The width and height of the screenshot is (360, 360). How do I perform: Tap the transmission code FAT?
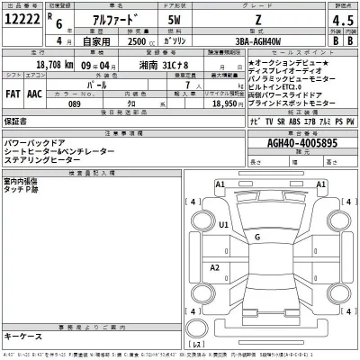(x=13, y=93)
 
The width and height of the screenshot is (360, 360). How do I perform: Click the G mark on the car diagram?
(x=257, y=237)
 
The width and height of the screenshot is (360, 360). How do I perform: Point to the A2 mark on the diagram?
(x=215, y=268)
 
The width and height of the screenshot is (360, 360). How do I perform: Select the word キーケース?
(x=22, y=336)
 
